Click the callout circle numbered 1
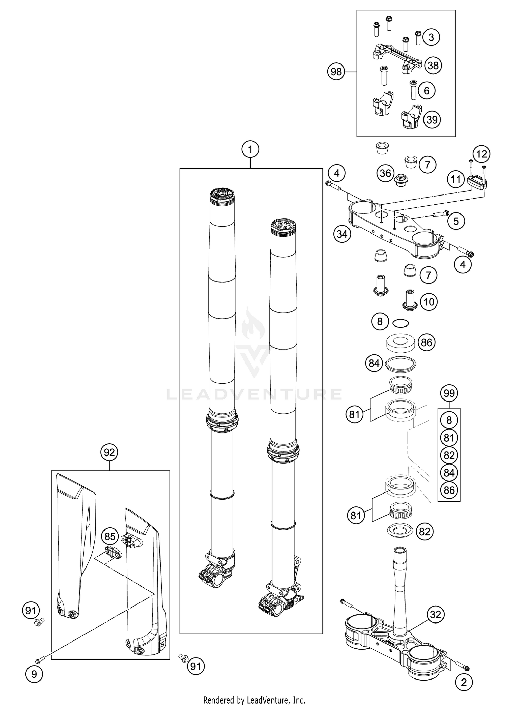[x=250, y=149]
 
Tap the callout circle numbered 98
[x=336, y=72]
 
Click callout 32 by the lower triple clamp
[x=436, y=614]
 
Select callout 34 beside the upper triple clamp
[x=342, y=234]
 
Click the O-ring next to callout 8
[x=400, y=323]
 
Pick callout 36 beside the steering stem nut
[x=385, y=173]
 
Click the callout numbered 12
[x=482, y=154]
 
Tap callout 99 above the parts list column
[x=449, y=393]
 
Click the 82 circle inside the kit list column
[x=449, y=455]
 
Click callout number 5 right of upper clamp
[x=456, y=221]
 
